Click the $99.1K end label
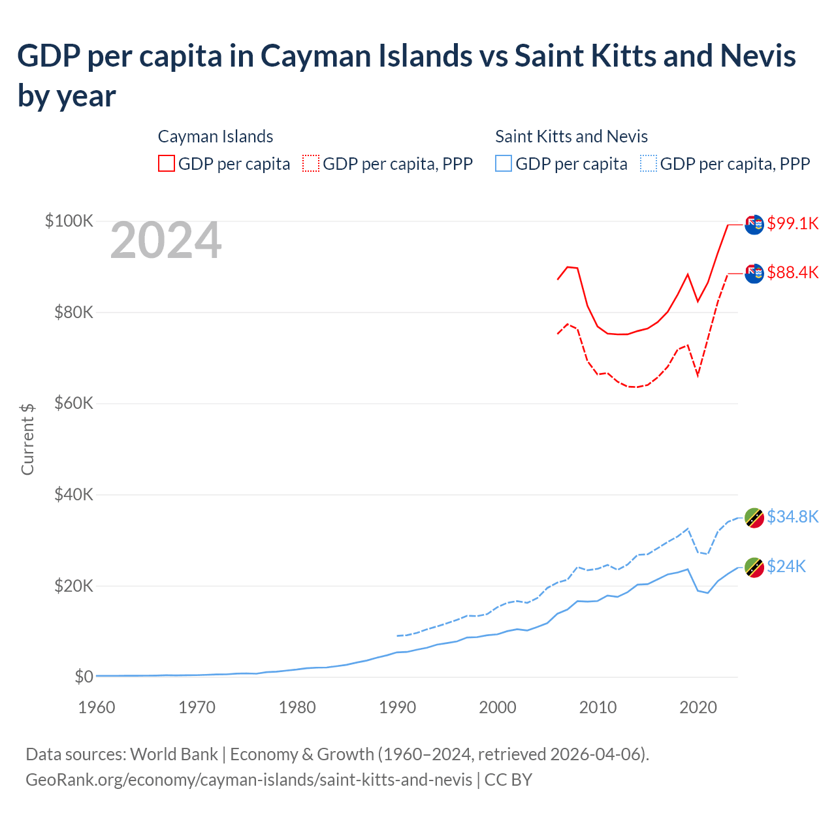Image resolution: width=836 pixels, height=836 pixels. click(x=792, y=223)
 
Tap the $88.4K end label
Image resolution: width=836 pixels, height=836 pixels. click(x=792, y=272)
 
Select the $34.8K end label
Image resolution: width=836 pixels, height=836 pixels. click(x=792, y=517)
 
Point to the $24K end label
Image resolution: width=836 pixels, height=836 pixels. click(x=786, y=566)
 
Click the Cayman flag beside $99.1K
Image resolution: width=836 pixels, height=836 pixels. click(x=754, y=224)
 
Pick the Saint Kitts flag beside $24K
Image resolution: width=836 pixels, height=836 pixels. click(x=754, y=568)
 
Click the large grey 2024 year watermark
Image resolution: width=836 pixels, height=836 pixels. click(x=166, y=241)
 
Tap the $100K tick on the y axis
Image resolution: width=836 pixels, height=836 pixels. click(x=69, y=221)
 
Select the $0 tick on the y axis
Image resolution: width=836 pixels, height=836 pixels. click(x=84, y=677)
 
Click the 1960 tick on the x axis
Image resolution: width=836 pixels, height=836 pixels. click(x=97, y=707)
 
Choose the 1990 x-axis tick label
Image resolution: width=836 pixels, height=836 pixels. click(x=398, y=707)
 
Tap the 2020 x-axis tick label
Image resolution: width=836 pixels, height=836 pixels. click(x=698, y=707)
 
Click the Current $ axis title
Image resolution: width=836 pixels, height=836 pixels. click(x=27, y=439)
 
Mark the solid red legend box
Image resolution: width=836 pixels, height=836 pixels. click(x=167, y=163)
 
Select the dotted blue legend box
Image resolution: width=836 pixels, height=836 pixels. click(x=649, y=163)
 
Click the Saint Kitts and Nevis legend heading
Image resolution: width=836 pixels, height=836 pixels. click(x=571, y=137)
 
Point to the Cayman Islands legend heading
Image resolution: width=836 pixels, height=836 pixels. click(x=216, y=137)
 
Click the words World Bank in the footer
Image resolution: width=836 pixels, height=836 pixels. click(x=174, y=754)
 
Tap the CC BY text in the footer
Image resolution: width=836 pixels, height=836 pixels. click(x=508, y=780)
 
